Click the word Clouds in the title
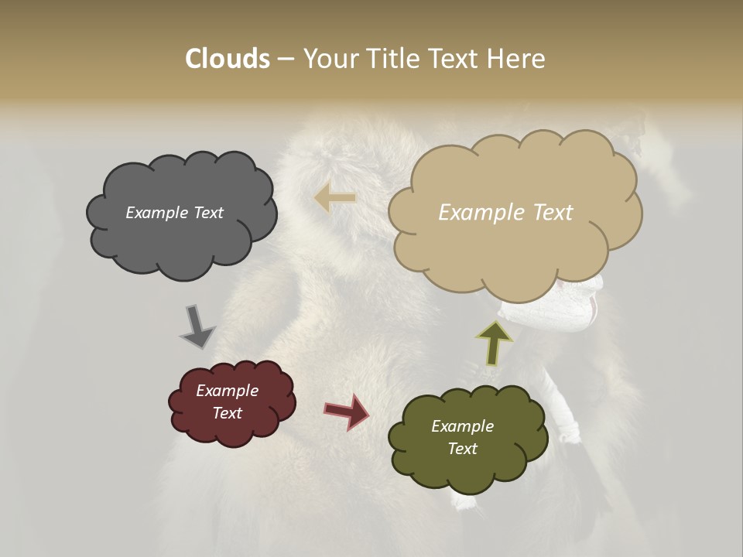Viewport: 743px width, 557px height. (x=227, y=59)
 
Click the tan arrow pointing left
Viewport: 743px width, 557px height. (x=335, y=199)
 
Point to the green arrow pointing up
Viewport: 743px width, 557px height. (x=494, y=343)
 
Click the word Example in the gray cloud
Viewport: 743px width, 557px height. (x=157, y=213)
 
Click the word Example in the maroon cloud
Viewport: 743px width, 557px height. (x=227, y=391)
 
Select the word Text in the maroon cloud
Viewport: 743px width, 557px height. (x=227, y=413)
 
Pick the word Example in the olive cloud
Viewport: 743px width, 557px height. (x=462, y=426)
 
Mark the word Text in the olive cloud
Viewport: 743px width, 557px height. (x=462, y=449)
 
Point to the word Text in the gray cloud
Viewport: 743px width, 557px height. (x=207, y=213)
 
